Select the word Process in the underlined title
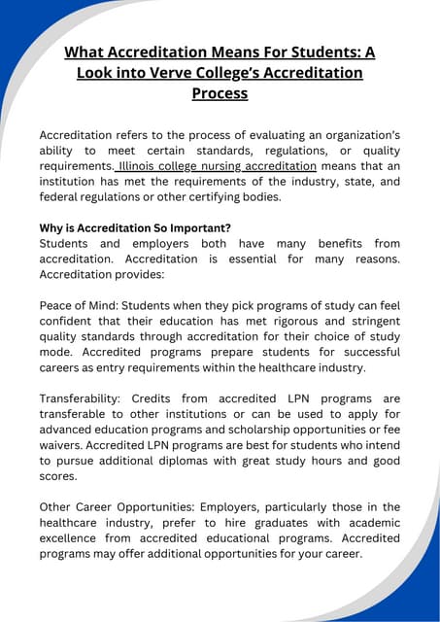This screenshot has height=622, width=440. (x=220, y=94)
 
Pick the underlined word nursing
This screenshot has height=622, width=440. (x=220, y=166)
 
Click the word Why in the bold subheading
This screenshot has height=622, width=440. (x=53, y=228)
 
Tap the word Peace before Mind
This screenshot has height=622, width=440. (x=59, y=306)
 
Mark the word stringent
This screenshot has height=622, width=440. (x=368, y=322)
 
